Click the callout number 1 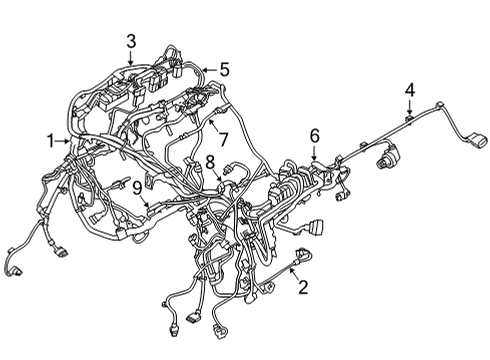coord(49,142)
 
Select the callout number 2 coord(302,287)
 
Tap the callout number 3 coord(131,40)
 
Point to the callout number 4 coord(409,91)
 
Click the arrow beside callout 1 coord(62,142)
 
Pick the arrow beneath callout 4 coord(409,110)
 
